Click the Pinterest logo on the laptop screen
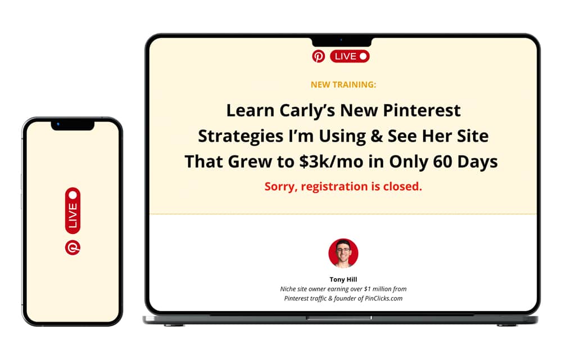tap(318, 56)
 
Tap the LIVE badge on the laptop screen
tap(350, 56)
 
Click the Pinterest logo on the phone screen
tap(72, 247)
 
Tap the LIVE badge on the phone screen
tap(72, 210)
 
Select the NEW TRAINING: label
tap(343, 84)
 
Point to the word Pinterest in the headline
tap(422, 110)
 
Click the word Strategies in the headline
tap(241, 136)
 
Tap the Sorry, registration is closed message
tap(343, 186)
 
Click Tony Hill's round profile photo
tap(343, 253)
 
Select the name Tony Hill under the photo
tap(343, 280)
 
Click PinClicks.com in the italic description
tap(383, 298)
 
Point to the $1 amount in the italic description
tap(368, 289)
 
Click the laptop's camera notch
tap(342, 41)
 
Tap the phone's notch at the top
tap(72, 125)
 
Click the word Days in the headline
tap(477, 162)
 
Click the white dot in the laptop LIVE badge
tap(363, 56)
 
